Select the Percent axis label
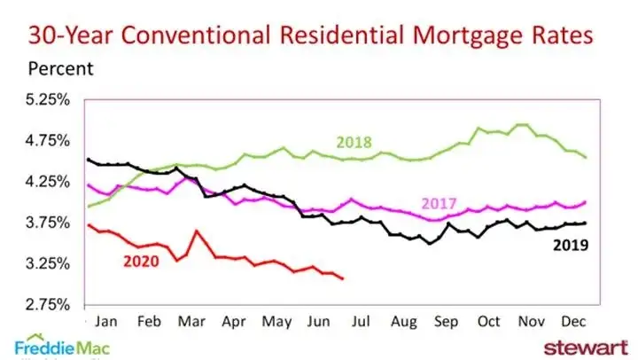pyautogui.click(x=60, y=68)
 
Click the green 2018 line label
pyautogui.click(x=354, y=142)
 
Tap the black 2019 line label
pyautogui.click(x=571, y=243)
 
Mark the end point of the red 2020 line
pyautogui.click(x=343, y=279)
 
